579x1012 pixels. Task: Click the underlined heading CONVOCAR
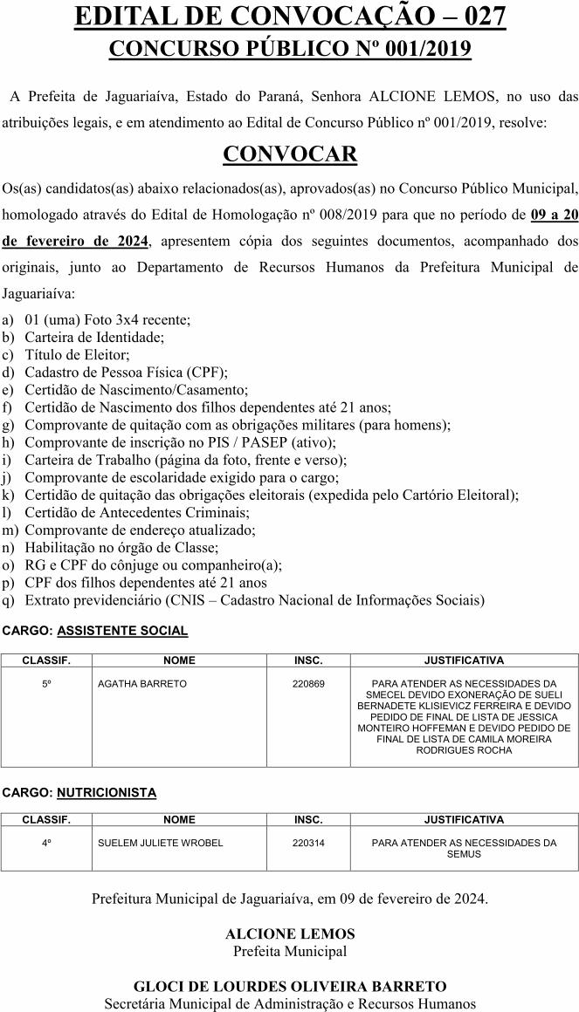point(290,154)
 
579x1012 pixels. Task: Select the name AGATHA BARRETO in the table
point(142,684)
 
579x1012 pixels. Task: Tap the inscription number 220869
point(308,684)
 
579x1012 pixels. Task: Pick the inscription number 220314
point(308,844)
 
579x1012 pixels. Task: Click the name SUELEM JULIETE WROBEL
point(161,844)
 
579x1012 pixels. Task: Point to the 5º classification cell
point(46,684)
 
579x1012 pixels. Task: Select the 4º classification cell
point(46,844)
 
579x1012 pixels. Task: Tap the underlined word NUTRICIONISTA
point(107,793)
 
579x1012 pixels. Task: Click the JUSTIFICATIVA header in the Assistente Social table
point(464,660)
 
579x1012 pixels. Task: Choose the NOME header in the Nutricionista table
point(179,820)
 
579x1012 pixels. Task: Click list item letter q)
point(9,600)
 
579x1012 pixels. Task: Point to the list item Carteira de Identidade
point(94,337)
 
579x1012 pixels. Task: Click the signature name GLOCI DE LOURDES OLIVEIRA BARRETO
point(290,987)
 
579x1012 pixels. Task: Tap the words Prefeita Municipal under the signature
point(290,951)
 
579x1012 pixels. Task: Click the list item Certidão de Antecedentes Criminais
point(137,512)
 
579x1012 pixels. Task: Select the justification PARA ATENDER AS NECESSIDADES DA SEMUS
point(464,849)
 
